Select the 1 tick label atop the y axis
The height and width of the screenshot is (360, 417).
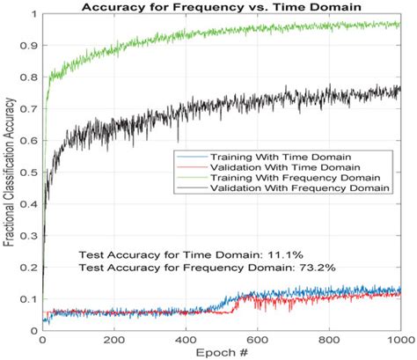34,15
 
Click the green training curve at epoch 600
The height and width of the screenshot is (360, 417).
256,33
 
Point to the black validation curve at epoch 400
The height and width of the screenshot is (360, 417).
185,113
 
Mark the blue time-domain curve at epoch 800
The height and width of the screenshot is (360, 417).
328,293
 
